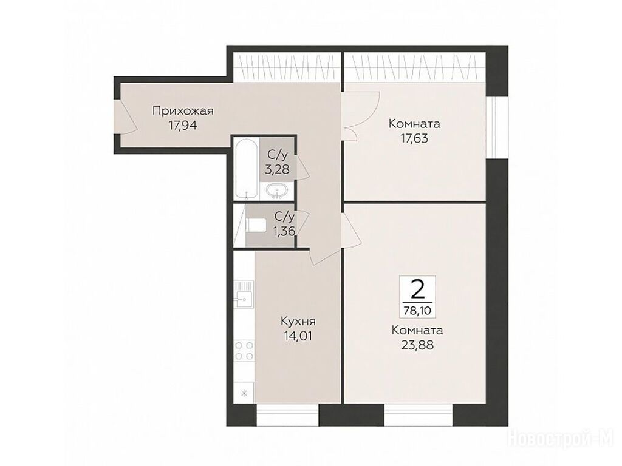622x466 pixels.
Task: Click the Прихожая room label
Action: pos(183,111)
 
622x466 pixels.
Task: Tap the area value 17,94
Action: pos(183,126)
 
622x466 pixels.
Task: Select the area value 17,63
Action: pos(414,139)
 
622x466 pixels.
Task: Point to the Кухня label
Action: pos(298,321)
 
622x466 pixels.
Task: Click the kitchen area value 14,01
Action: pos(298,336)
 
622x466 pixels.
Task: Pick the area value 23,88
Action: pos(417,345)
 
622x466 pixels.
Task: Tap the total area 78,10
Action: pos(417,310)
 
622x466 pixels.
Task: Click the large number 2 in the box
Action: pos(417,289)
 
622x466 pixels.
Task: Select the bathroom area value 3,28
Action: pos(277,170)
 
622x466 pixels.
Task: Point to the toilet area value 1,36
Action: pos(284,231)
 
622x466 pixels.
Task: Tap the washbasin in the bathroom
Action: pos(277,191)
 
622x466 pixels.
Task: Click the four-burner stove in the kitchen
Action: pos(244,351)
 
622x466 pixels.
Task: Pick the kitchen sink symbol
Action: pos(244,294)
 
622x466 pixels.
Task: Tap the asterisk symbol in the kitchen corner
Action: pos(244,393)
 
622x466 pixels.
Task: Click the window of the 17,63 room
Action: pos(497,127)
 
